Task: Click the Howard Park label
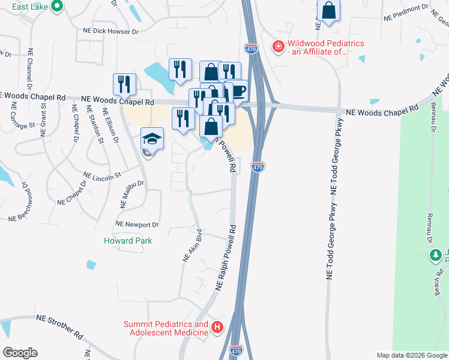(x=128, y=241)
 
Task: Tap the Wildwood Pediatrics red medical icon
(x=278, y=46)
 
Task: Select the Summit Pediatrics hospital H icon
(x=217, y=328)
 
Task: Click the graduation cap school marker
(x=152, y=139)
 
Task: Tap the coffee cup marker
(x=239, y=91)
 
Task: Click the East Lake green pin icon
(x=57, y=7)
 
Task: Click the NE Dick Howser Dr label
(x=110, y=31)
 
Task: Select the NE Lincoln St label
(x=103, y=176)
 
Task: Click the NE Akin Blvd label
(x=190, y=247)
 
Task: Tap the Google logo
(x=20, y=353)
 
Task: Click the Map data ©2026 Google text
(x=411, y=355)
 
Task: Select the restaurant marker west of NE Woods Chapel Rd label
(x=124, y=84)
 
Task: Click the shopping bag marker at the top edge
(x=328, y=10)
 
